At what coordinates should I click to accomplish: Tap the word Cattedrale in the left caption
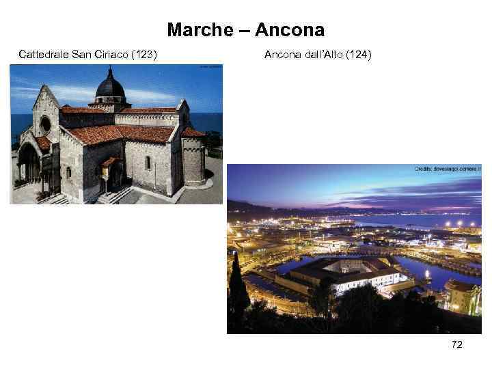(44, 53)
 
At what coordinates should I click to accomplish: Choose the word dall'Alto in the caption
(321, 53)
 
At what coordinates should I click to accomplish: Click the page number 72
(457, 345)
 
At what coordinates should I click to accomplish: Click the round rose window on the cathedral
(46, 125)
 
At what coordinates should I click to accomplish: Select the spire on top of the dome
(109, 70)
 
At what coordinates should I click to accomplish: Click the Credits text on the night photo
(448, 168)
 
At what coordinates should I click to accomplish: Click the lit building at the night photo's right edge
(463, 298)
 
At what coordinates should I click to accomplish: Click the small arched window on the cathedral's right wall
(148, 163)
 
